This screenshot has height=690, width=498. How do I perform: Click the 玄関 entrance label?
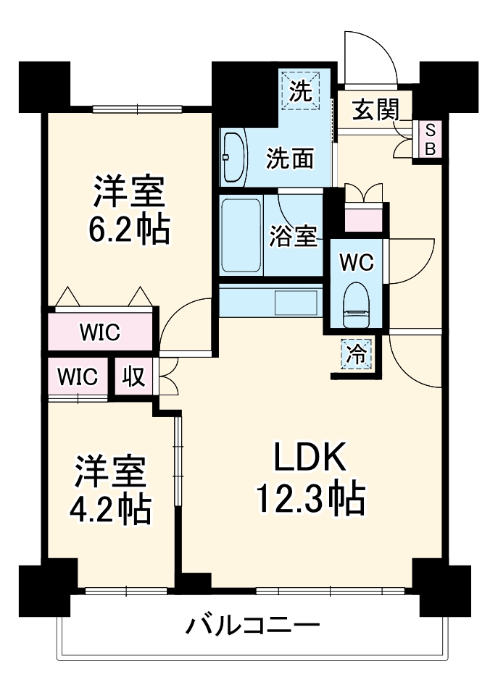(375, 110)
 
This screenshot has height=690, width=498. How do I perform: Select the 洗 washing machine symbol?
(302, 91)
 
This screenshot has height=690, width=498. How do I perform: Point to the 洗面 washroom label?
(290, 158)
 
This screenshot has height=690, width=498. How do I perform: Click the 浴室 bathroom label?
(293, 236)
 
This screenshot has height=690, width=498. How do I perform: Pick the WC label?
(356, 263)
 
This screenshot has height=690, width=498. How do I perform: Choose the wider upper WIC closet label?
(100, 334)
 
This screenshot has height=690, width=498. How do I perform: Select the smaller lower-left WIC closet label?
(78, 377)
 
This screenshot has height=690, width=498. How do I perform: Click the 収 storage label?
(133, 377)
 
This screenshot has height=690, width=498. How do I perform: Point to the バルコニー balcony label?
(251, 624)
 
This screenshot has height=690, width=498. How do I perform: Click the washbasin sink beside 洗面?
(234, 157)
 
